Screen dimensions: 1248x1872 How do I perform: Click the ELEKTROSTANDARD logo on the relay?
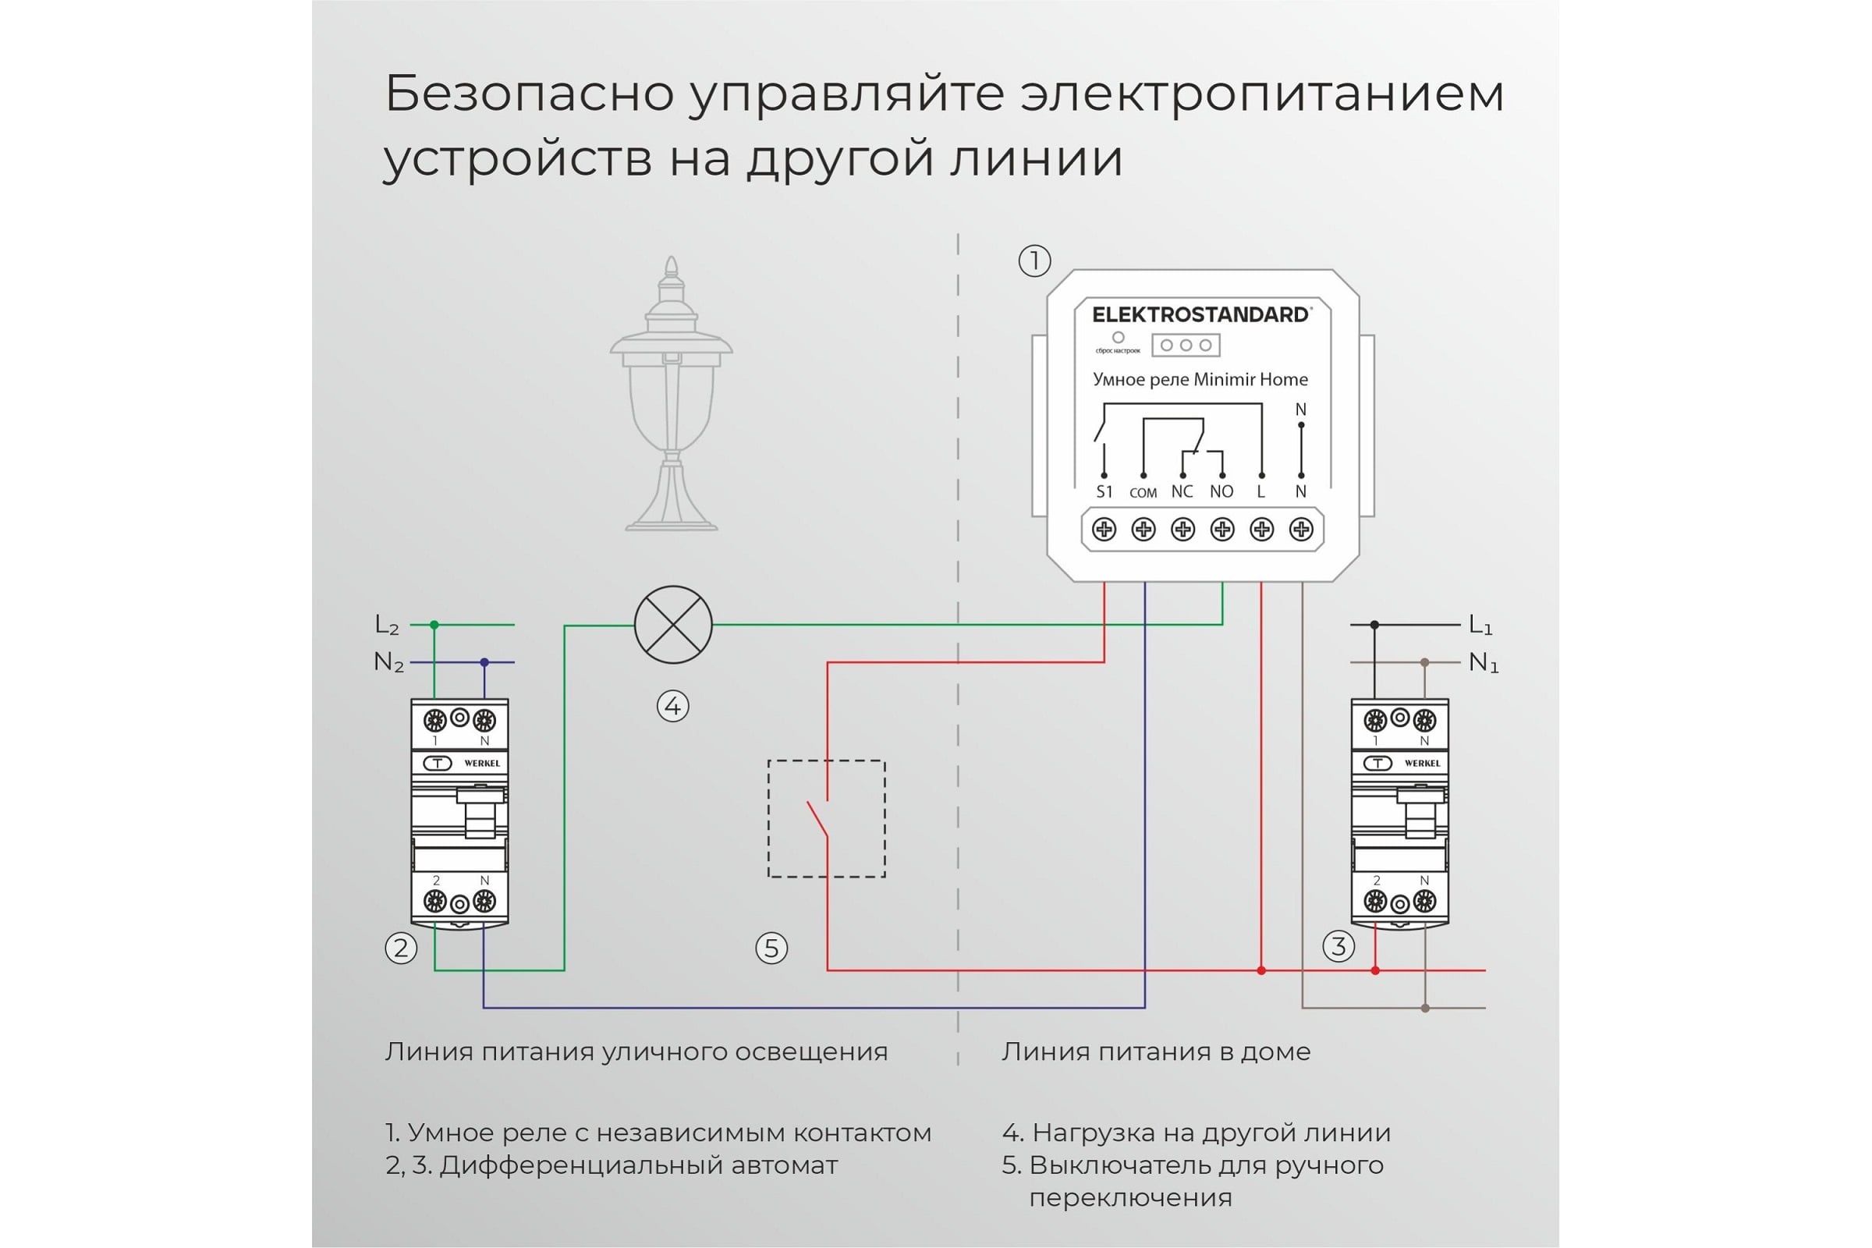click(1200, 314)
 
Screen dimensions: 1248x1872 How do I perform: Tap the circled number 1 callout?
click(1035, 261)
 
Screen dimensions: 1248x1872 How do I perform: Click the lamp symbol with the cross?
click(672, 625)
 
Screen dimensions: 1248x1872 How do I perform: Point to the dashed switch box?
click(826, 819)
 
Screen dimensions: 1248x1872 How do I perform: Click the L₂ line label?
click(387, 626)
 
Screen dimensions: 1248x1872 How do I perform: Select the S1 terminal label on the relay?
click(1104, 492)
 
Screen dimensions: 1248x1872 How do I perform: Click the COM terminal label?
click(1143, 493)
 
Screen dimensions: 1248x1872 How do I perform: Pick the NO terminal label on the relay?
click(1221, 492)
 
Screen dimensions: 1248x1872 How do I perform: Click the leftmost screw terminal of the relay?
click(1104, 530)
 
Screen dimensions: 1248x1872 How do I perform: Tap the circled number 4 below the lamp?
click(672, 707)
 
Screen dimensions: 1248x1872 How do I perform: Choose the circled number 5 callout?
click(771, 948)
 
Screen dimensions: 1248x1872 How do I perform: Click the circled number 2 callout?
click(401, 948)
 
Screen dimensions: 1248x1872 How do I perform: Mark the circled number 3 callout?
click(1338, 946)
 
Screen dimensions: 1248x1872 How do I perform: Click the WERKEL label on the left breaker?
click(481, 764)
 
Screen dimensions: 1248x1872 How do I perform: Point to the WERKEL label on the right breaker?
click(1422, 764)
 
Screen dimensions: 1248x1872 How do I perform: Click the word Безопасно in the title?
click(530, 94)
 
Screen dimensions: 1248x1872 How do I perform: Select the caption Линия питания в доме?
click(1156, 1051)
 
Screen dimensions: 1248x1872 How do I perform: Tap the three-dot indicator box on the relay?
click(1186, 346)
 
